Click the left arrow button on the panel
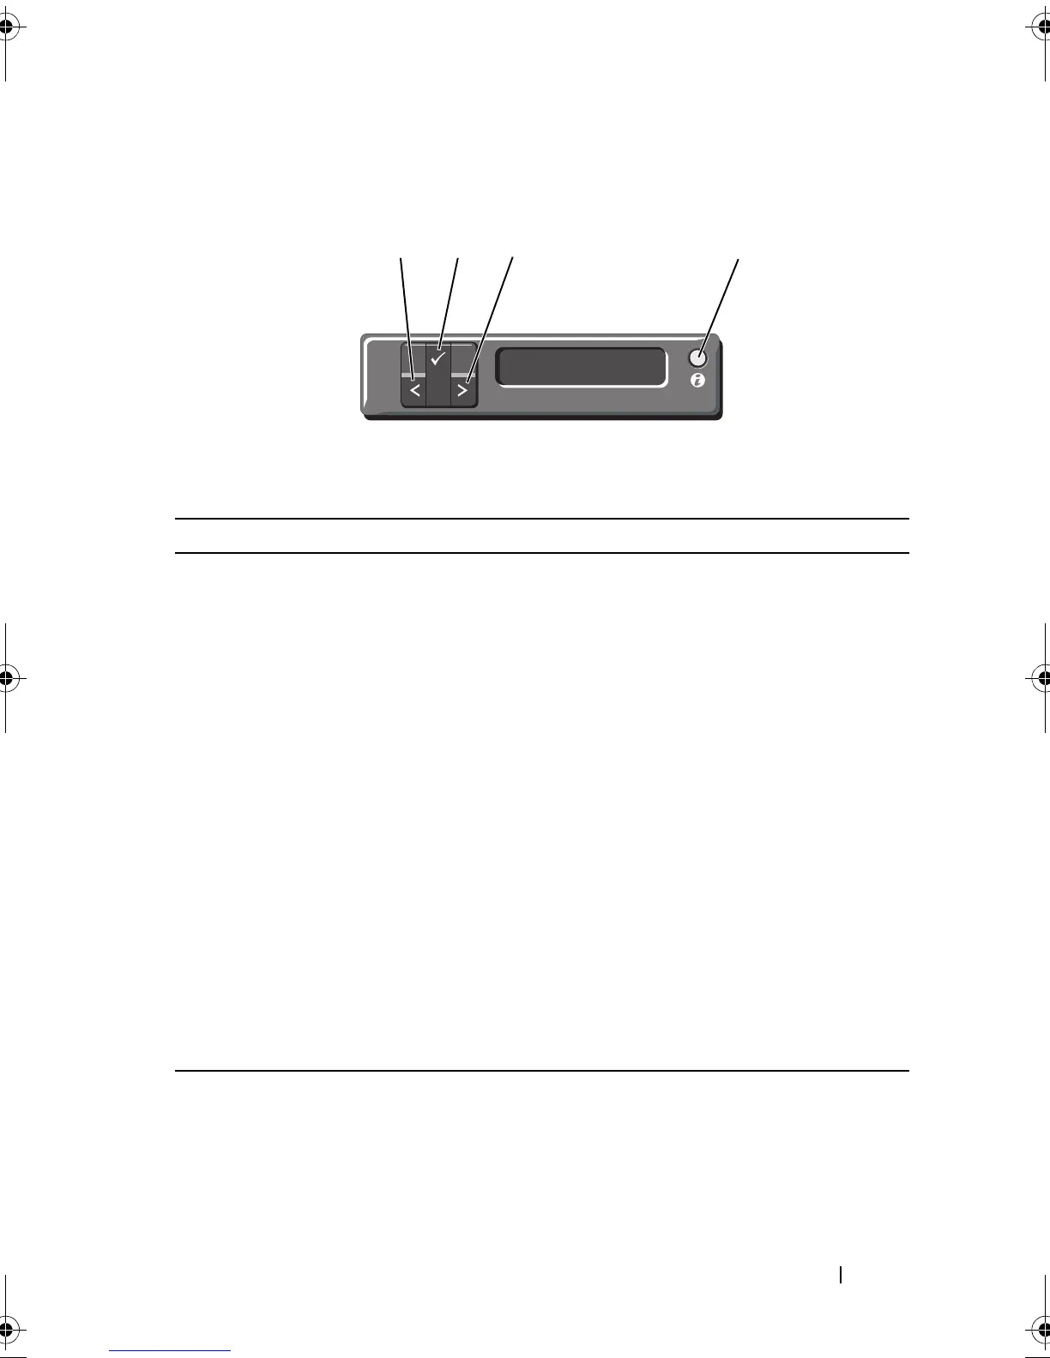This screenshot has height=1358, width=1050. point(413,391)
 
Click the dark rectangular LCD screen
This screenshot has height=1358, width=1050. point(582,367)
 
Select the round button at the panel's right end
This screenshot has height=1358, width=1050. point(698,358)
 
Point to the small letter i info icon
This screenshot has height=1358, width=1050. point(697,381)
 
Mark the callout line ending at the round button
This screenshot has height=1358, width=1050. point(719,303)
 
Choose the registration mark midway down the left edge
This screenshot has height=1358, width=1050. point(8,677)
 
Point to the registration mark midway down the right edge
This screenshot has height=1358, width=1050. point(1041,677)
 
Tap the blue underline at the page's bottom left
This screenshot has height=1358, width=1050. point(171,1350)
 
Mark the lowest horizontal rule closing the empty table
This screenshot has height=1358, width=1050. point(541,1070)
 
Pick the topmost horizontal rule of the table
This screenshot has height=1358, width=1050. point(541,519)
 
